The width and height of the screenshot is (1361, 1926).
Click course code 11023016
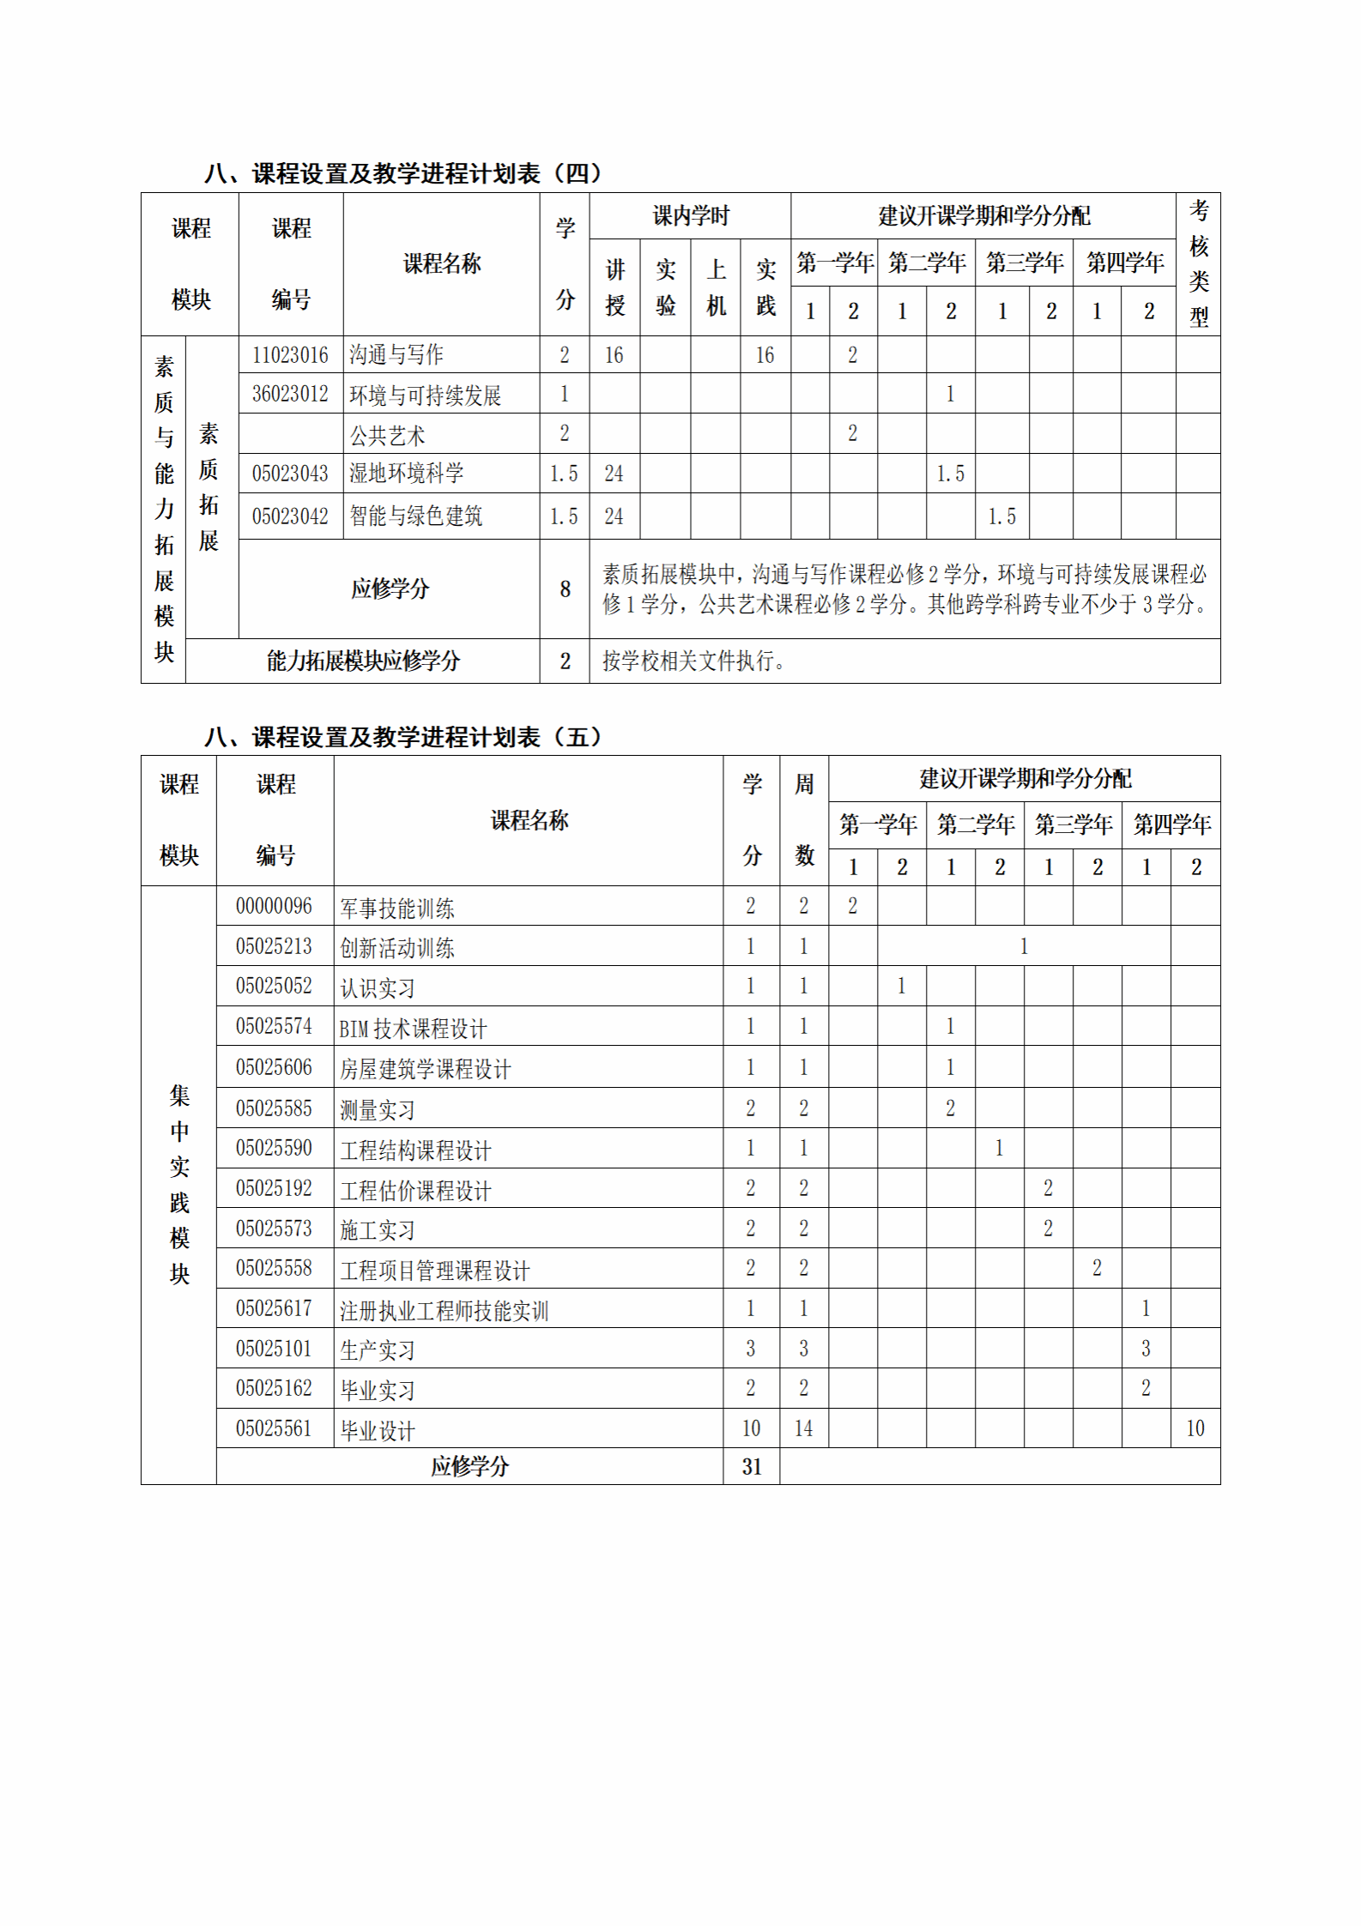pyautogui.click(x=290, y=354)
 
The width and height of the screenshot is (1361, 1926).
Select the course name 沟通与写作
pyautogui.click(x=396, y=354)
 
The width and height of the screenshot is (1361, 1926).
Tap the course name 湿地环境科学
pyautogui.click(x=406, y=473)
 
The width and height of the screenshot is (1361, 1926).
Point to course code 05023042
pyautogui.click(x=290, y=516)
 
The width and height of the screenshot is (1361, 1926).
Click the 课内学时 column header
pyautogui.click(x=690, y=215)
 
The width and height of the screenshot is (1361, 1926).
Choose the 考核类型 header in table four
pyautogui.click(x=1198, y=263)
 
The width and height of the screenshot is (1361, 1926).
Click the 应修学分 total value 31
pyautogui.click(x=751, y=1466)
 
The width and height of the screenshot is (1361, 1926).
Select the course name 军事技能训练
pyautogui.click(x=397, y=907)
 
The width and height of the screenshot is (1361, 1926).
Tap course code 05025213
pyautogui.click(x=274, y=946)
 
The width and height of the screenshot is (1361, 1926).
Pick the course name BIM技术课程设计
pyautogui.click(x=413, y=1028)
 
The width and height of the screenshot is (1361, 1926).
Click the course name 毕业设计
pyautogui.click(x=378, y=1429)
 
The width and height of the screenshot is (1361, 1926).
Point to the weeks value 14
pyautogui.click(x=803, y=1428)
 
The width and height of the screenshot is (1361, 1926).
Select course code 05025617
pyautogui.click(x=274, y=1308)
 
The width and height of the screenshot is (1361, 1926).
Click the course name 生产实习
pyautogui.click(x=378, y=1349)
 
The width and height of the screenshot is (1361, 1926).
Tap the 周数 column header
pyautogui.click(x=803, y=819)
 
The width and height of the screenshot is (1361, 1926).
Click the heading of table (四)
pyautogui.click(x=403, y=173)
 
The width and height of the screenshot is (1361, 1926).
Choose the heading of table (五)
pyautogui.click(x=403, y=737)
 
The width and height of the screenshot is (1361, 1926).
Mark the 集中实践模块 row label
pyautogui.click(x=178, y=1184)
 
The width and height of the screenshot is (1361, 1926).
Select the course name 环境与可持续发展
pyautogui.click(x=425, y=395)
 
